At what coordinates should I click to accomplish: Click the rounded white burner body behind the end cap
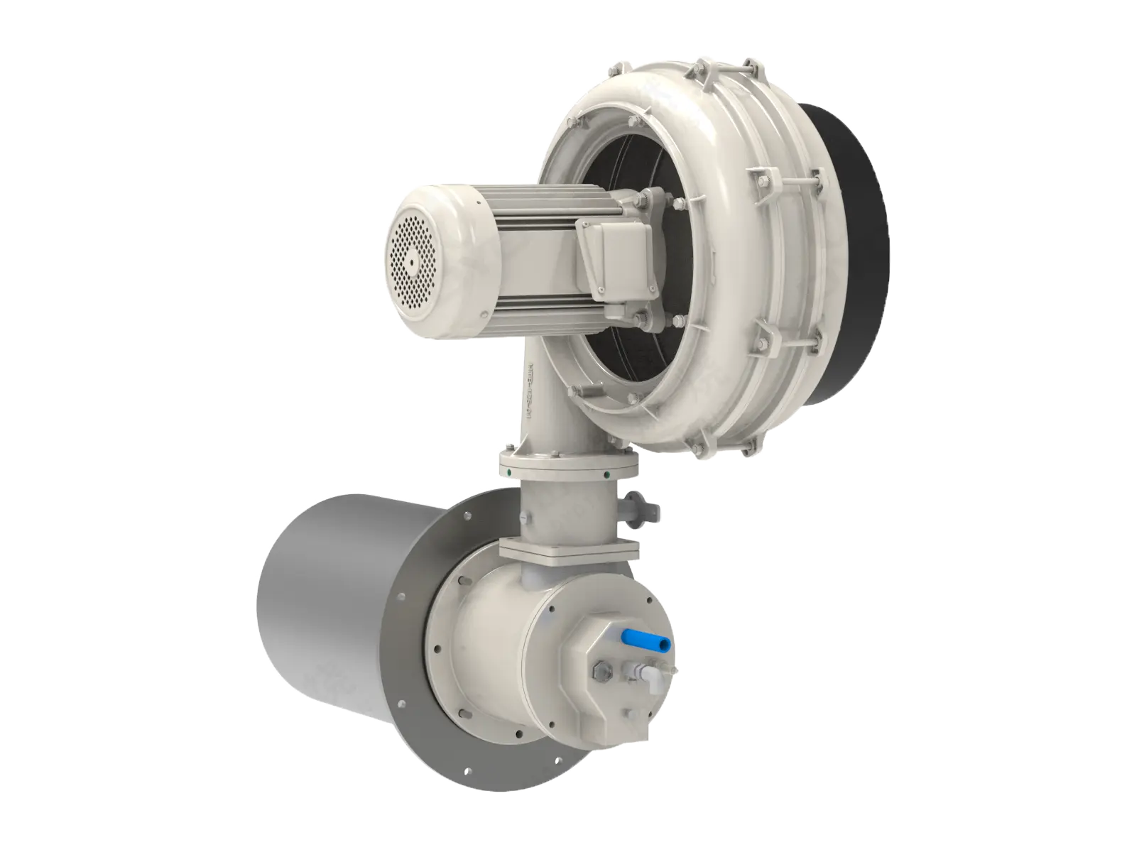490,625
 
